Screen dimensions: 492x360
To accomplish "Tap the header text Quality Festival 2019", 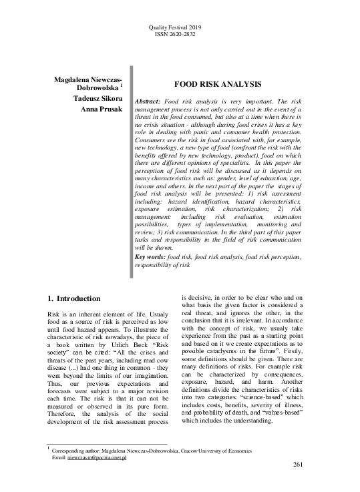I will [x=180, y=27].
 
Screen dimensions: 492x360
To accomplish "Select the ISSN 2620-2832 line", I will [x=180, y=34].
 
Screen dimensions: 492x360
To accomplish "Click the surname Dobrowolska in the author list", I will [x=96, y=87].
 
